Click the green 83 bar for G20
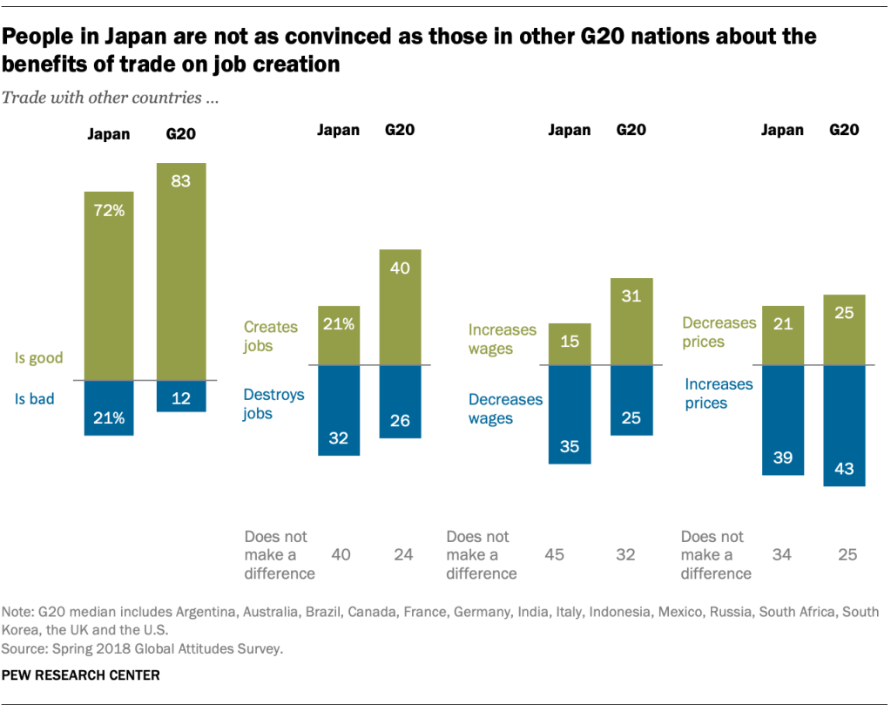pyautogui.click(x=181, y=271)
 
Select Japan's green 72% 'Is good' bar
pyautogui.click(x=109, y=286)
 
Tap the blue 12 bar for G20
pyautogui.click(x=181, y=396)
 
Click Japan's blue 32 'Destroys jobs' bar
pyautogui.click(x=338, y=410)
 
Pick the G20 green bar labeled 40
pyautogui.click(x=401, y=307)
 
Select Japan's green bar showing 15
pyautogui.click(x=570, y=344)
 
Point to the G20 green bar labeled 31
pyautogui.click(x=631, y=322)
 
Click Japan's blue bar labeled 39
pyautogui.click(x=783, y=420)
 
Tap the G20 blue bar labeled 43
pyautogui.click(x=844, y=425)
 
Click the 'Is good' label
pyautogui.click(x=38, y=358)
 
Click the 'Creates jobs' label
pyautogui.click(x=270, y=336)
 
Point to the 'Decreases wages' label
pyautogui.click(x=505, y=409)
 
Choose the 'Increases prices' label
pyautogui.click(x=718, y=393)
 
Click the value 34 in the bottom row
pyautogui.click(x=783, y=554)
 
